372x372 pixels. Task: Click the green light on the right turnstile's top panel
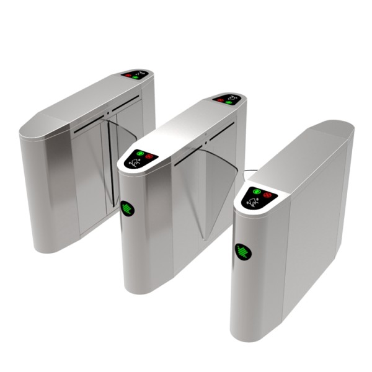tap(254, 191)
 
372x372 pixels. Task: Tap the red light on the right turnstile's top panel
tap(268, 194)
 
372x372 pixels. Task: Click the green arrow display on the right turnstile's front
tap(242, 252)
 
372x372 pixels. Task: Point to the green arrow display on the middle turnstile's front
tap(128, 208)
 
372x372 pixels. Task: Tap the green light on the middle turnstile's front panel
tap(140, 154)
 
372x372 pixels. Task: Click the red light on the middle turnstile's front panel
tap(150, 156)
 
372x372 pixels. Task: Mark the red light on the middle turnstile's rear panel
tap(220, 99)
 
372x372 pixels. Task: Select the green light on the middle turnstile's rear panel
tap(229, 102)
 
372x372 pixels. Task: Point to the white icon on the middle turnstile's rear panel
tap(233, 97)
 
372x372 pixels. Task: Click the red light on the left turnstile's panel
tap(129, 74)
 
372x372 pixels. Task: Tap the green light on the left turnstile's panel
tap(135, 77)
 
